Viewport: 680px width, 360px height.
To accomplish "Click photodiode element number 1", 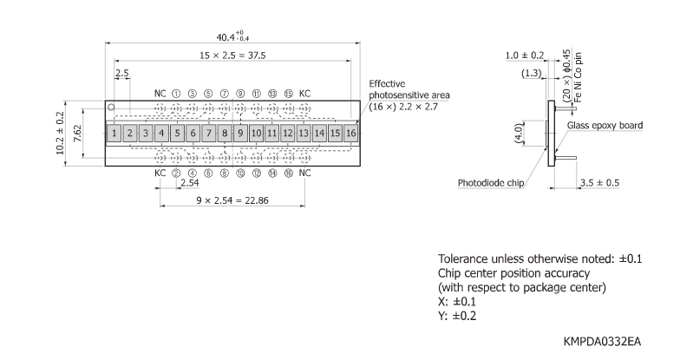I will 114,134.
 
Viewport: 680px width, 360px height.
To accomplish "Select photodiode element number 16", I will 350,134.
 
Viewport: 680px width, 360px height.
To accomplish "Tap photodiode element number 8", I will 224,134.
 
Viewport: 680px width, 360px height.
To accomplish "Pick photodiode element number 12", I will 287,134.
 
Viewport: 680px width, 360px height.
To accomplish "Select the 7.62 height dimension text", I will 77,134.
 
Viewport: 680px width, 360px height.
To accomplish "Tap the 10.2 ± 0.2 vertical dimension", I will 60,134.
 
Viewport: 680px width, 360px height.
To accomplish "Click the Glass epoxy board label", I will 605,126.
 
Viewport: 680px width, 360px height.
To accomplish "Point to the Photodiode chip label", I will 492,183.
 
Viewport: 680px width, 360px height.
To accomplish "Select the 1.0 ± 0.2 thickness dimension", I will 526,56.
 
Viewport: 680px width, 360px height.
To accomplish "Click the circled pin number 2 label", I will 176,173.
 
